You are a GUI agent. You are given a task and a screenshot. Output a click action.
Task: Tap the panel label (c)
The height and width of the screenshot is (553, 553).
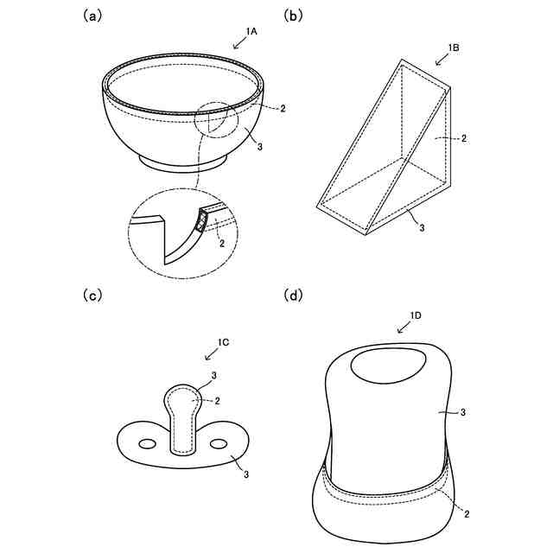coord(91,296)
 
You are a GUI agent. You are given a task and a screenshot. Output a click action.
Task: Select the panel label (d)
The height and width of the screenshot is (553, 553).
coord(295,296)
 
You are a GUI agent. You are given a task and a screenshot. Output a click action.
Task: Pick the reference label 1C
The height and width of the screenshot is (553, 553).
coord(222,343)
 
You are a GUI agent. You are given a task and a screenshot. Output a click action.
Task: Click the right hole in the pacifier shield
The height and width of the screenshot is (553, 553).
coord(219,443)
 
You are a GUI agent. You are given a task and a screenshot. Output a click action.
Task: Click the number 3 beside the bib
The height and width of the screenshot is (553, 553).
coord(464,413)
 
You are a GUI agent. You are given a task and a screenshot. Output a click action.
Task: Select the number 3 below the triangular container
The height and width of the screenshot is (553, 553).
coord(421,227)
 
